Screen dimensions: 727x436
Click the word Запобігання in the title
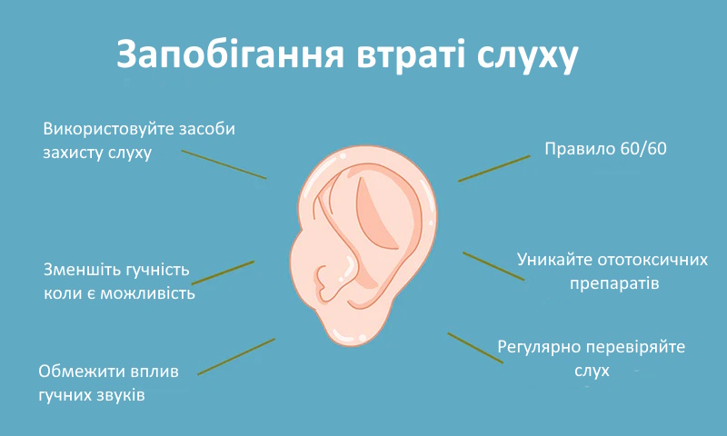pyautogui.click(x=230, y=54)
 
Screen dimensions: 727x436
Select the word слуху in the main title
pyautogui.click(x=528, y=57)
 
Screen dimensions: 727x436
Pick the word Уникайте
pyautogui.click(x=554, y=260)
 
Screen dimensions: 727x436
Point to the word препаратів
pyautogui.click(x=614, y=283)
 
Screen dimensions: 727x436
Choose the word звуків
pyautogui.click(x=121, y=395)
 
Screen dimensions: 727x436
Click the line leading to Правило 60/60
pyautogui.click(x=494, y=169)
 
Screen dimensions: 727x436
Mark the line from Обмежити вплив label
pyautogui.click(x=236, y=356)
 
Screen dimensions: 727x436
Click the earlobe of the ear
pyautogui.click(x=345, y=329)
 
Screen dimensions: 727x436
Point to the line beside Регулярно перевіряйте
pyautogui.click(x=475, y=348)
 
